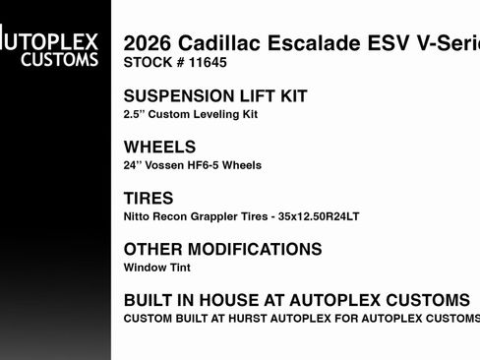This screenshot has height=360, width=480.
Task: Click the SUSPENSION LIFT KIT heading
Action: coord(215,96)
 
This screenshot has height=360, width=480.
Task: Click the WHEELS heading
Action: coord(159,148)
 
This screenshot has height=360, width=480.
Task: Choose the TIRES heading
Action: coord(148,199)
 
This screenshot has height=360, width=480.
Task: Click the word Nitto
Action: coord(137,216)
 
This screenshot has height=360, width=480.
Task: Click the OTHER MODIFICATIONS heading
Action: coord(222,250)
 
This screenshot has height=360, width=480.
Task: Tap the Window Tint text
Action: coord(157,267)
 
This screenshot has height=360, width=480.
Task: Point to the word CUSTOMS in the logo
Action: coord(61,60)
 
